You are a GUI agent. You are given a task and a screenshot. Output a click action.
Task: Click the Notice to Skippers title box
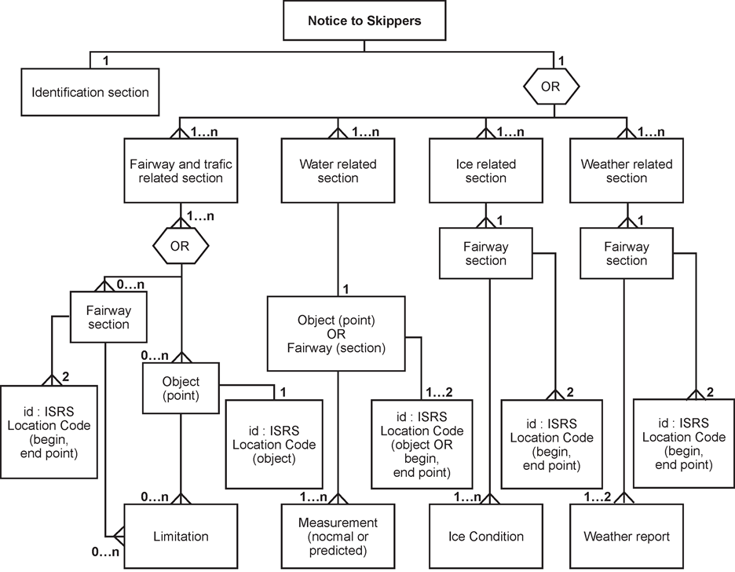tap(364, 21)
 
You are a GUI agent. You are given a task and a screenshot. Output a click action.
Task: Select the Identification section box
tap(90, 93)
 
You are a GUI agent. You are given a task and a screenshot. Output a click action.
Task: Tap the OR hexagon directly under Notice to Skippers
tap(550, 87)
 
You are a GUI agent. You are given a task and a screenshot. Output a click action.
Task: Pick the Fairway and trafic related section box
tap(181, 171)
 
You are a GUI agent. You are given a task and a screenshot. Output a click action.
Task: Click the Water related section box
tap(338, 171)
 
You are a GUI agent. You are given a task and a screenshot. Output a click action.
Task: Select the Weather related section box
tap(627, 171)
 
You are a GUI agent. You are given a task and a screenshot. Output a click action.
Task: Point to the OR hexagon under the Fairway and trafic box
tap(180, 246)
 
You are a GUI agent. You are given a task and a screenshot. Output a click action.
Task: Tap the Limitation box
tap(181, 537)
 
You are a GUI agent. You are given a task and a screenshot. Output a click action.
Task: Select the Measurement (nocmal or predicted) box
tap(338, 537)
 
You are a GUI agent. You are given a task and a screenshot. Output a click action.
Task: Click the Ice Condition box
tap(486, 537)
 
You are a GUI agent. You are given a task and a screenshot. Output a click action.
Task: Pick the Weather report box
tap(627, 537)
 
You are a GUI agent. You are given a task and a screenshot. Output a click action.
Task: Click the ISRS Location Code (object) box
tap(274, 445)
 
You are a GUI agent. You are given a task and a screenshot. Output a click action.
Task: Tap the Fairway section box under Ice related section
tap(486, 254)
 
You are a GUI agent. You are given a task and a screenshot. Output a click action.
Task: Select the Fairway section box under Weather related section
tap(627, 254)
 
